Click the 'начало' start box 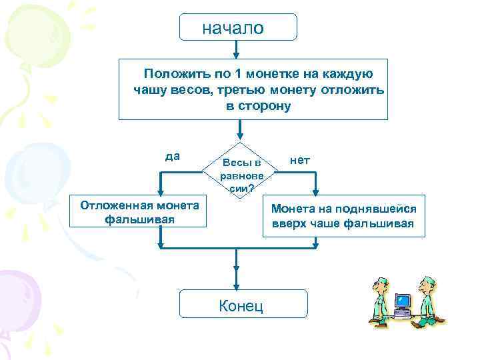click(x=238, y=28)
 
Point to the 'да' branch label click(x=172, y=157)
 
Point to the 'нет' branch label click(x=300, y=160)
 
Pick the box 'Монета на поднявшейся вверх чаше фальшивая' click(x=343, y=216)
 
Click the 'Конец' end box click(x=243, y=306)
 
